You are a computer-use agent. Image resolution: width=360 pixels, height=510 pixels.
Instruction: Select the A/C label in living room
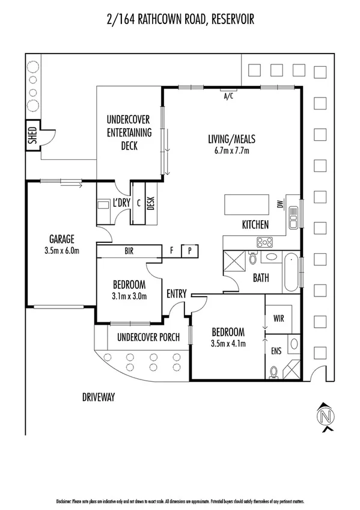(228, 96)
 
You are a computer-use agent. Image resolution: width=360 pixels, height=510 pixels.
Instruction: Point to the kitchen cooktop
(265, 242)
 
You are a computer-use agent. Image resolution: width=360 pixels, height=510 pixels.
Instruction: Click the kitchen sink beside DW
(293, 217)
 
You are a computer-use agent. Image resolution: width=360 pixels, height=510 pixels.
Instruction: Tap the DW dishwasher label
(280, 204)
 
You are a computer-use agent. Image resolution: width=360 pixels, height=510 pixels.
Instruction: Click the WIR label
(279, 317)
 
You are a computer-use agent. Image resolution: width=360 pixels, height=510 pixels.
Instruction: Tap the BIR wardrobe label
(129, 250)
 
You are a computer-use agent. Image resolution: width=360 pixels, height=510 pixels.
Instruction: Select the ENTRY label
(177, 293)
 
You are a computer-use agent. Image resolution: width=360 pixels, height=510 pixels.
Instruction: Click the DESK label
(150, 204)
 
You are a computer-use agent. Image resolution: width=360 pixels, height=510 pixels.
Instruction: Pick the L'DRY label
(121, 203)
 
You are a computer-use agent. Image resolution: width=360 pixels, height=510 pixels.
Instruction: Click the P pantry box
(189, 250)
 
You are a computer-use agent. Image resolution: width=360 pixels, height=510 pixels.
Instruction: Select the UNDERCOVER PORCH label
(148, 337)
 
